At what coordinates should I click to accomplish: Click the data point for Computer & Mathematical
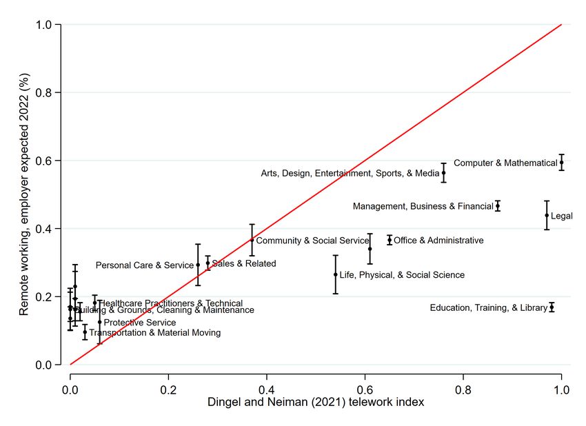tap(562, 163)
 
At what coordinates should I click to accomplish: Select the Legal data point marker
tap(547, 215)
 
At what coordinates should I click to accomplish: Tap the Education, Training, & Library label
tap(489, 308)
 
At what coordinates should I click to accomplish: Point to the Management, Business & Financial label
tap(423, 206)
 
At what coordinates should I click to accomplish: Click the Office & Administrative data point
tap(390, 240)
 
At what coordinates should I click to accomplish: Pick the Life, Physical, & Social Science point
tap(336, 274)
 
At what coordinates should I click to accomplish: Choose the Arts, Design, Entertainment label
tap(350, 174)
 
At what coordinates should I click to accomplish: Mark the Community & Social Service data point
tap(252, 240)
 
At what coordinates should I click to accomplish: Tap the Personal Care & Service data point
tap(198, 265)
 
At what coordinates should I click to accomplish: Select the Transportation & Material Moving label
tap(155, 333)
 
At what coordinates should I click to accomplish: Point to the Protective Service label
tap(139, 323)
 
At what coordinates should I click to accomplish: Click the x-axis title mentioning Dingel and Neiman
tap(316, 403)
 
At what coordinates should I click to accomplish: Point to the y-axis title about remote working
tap(24, 195)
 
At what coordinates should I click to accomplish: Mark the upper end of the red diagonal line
tap(562, 25)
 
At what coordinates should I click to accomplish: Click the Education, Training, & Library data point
tap(552, 307)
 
